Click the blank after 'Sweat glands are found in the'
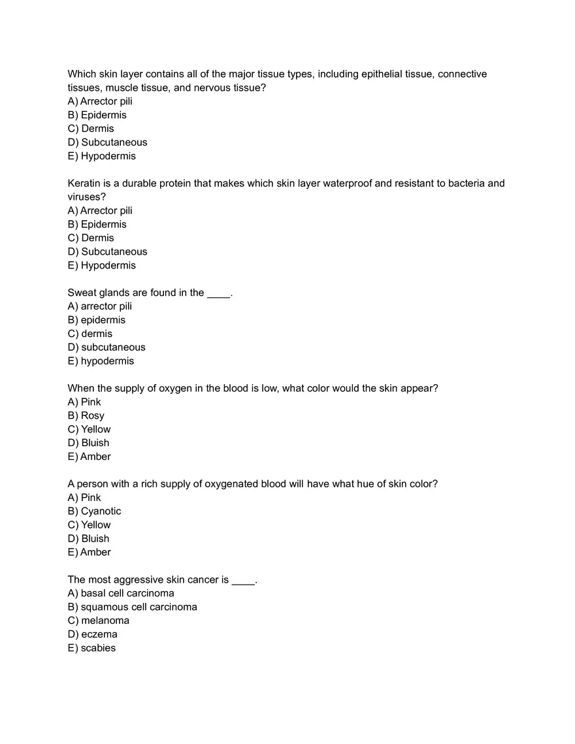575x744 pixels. coord(218,293)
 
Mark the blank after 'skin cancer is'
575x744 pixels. coord(243,580)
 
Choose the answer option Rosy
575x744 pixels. coord(92,416)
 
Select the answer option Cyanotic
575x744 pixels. coord(101,511)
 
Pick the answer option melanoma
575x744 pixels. coord(105,621)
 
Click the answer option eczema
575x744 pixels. coord(99,634)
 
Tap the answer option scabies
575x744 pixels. coord(98,648)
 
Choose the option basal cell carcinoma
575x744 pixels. coord(127,594)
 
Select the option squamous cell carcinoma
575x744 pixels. coord(139,607)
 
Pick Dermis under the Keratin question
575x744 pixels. coord(97,238)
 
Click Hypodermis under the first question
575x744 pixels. coord(108,156)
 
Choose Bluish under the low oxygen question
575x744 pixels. coord(95,443)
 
